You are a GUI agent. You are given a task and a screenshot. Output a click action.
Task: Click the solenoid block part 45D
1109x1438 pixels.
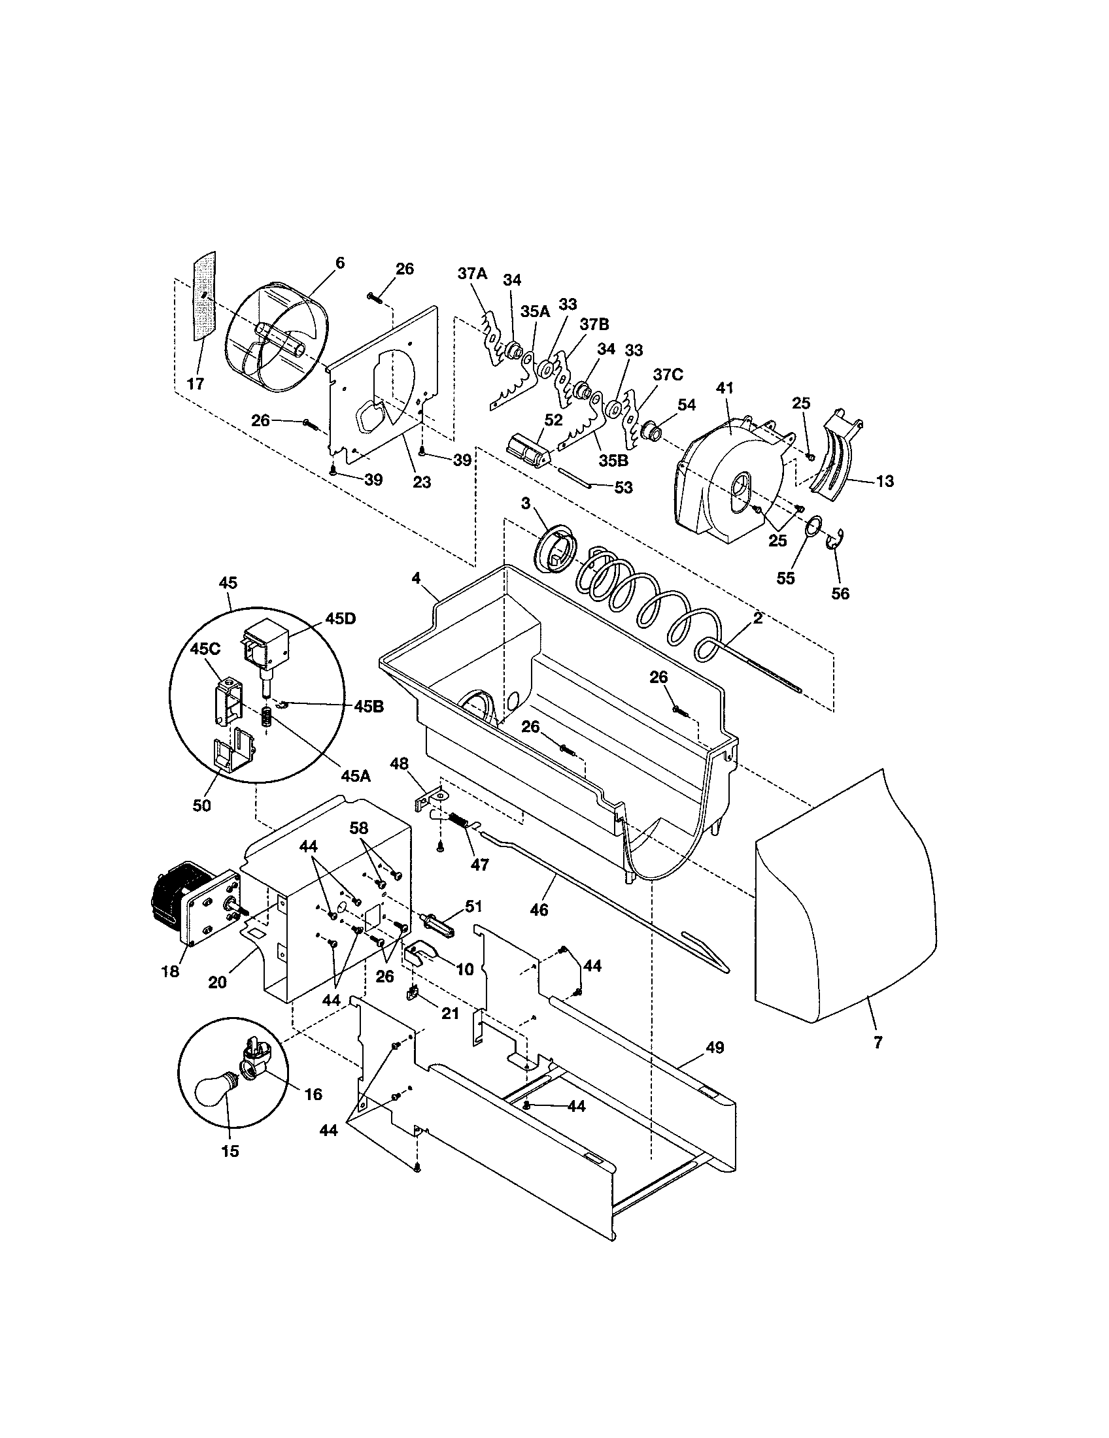click(268, 646)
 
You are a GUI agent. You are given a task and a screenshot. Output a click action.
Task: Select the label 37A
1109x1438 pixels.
click(473, 275)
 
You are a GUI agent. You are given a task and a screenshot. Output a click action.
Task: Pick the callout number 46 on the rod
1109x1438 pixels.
click(538, 910)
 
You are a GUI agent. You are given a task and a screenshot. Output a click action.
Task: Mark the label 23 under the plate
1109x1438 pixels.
click(422, 482)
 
